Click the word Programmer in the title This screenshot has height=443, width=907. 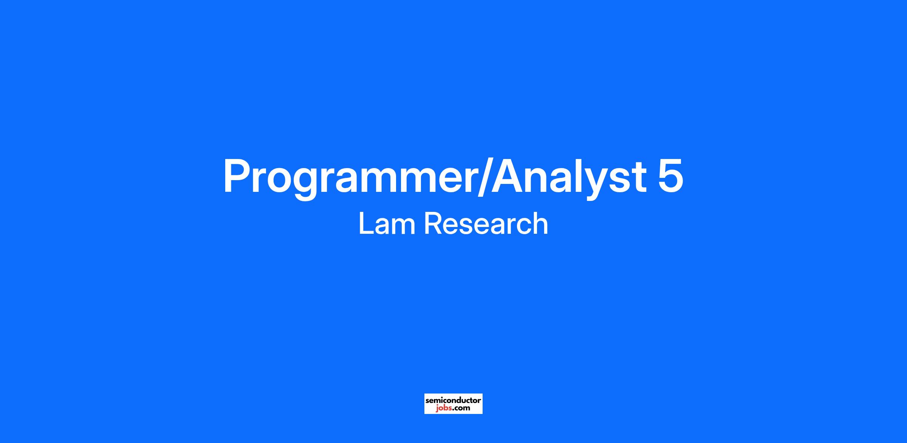(x=349, y=178)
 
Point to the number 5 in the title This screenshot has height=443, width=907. (x=671, y=176)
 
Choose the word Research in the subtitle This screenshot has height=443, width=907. (x=486, y=224)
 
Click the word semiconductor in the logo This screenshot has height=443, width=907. (x=453, y=400)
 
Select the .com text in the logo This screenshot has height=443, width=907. (x=461, y=408)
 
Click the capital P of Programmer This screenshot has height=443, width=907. (x=237, y=176)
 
